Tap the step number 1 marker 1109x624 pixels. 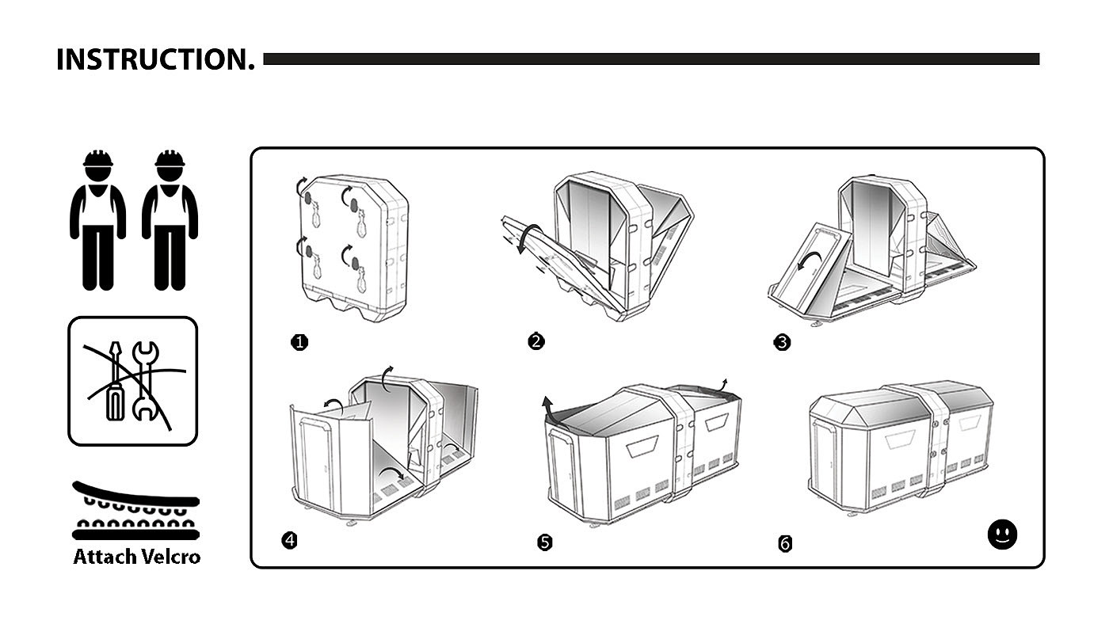click(299, 343)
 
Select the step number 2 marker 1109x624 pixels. click(536, 342)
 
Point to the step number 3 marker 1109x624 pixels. click(782, 343)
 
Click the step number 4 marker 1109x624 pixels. click(290, 541)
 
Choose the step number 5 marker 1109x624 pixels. click(544, 542)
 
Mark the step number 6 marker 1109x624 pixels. click(785, 544)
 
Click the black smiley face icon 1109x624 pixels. click(1002, 534)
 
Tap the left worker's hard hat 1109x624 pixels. click(98, 158)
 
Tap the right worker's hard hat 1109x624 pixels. click(170, 158)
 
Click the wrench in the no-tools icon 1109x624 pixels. click(144, 380)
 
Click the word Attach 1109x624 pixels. click(105, 557)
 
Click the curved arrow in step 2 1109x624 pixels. click(529, 238)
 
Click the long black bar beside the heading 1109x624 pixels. click(650, 59)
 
